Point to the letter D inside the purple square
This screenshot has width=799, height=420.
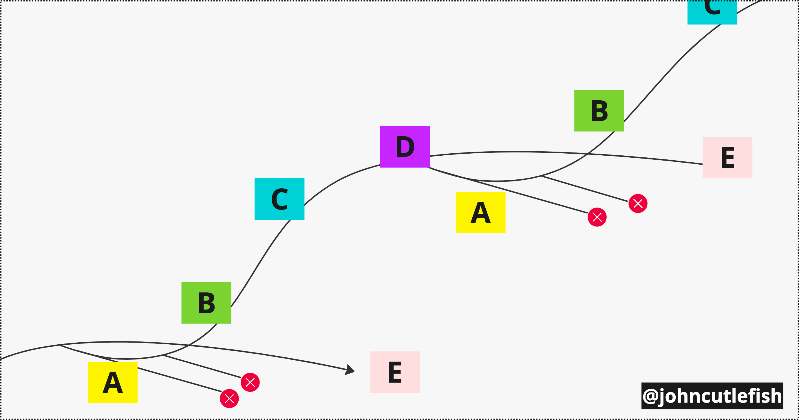(405, 147)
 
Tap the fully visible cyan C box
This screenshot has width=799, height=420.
(279, 199)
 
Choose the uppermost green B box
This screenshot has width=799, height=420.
(599, 110)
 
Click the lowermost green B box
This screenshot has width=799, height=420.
(206, 303)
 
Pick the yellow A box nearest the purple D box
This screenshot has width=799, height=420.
(480, 212)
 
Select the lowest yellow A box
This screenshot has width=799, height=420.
(113, 382)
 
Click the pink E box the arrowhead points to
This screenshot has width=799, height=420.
(394, 372)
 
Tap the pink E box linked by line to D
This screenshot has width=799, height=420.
(727, 157)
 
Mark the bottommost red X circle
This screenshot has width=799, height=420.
(229, 398)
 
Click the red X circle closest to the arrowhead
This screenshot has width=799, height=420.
(250, 382)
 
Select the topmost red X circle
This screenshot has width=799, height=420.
(638, 203)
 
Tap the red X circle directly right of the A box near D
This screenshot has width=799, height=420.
(597, 217)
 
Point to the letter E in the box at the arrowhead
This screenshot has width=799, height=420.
(394, 372)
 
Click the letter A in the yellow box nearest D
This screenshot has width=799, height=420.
(480, 213)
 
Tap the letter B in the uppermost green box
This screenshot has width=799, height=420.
(599, 111)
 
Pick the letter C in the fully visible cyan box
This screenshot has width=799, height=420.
(279, 199)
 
